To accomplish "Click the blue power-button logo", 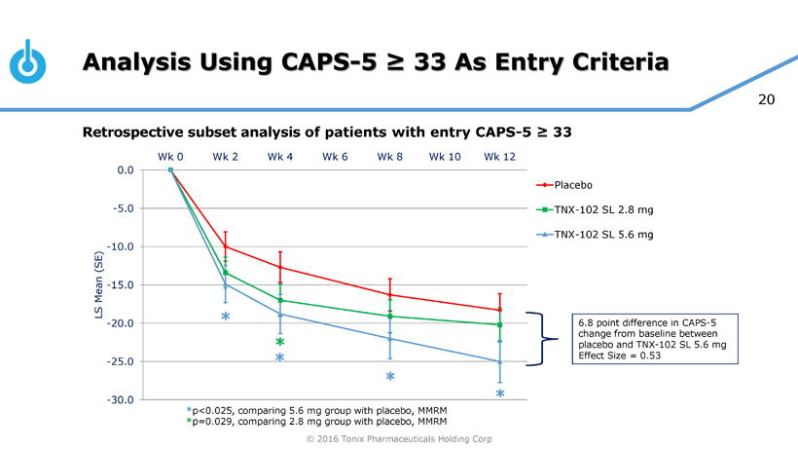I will click(27, 61).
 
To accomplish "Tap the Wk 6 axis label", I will click(336, 156).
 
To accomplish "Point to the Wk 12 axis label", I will click(499, 156).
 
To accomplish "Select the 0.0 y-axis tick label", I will click(126, 170).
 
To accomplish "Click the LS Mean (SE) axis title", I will click(98, 284).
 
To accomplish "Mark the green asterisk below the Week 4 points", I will click(279, 342).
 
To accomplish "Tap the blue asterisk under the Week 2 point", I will click(225, 318).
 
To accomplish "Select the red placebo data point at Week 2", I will click(226, 246).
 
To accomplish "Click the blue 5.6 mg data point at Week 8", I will click(390, 338).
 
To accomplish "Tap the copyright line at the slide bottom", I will click(399, 439).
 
